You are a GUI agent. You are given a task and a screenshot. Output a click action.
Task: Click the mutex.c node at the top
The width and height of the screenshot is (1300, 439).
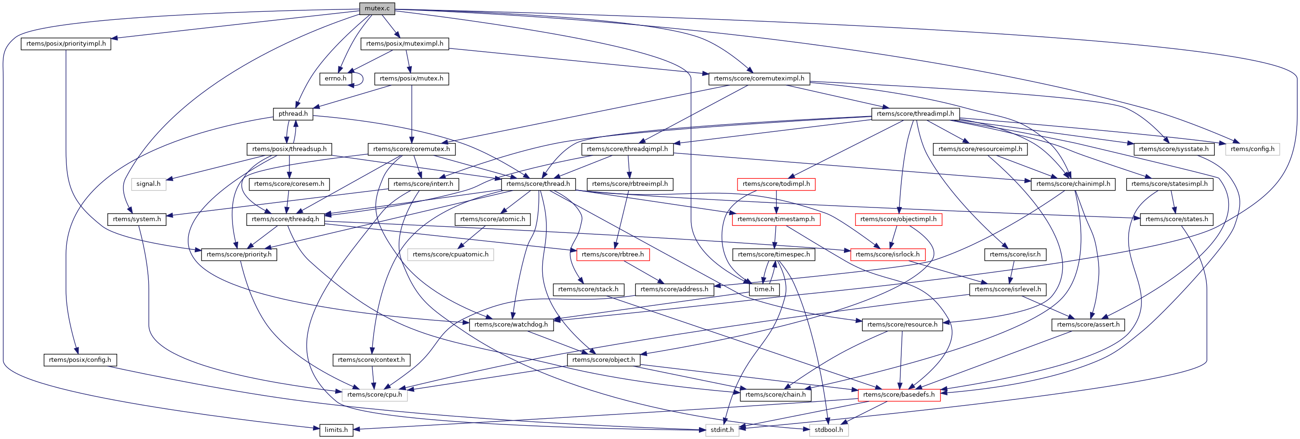point(377,8)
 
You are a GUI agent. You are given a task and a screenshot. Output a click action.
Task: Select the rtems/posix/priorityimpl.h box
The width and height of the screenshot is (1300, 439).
point(65,43)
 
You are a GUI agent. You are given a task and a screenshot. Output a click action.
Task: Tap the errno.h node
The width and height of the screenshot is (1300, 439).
point(336,79)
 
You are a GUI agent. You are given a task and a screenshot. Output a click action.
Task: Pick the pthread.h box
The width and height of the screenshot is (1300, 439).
point(293,114)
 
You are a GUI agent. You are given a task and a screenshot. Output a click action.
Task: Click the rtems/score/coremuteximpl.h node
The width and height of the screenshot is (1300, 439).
point(759,79)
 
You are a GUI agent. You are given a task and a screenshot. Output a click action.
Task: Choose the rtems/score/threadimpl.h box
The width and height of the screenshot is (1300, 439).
point(915,114)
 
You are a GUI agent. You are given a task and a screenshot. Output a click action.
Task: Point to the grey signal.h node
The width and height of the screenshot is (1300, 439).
point(148,184)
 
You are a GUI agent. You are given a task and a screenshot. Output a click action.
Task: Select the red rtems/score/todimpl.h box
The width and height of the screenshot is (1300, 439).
point(776,184)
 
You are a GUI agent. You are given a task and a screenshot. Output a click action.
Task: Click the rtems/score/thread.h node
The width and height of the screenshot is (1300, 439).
point(538,184)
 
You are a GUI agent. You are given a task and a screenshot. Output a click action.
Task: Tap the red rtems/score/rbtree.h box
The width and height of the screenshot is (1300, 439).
point(613,254)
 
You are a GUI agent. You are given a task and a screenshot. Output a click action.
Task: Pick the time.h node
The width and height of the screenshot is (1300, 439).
point(764,289)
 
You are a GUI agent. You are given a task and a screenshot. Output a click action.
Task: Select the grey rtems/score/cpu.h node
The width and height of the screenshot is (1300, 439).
point(375,395)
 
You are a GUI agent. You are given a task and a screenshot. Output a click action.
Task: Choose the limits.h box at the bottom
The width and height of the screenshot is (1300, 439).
point(336,430)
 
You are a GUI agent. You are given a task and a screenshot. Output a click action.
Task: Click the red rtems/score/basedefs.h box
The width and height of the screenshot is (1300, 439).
point(899,395)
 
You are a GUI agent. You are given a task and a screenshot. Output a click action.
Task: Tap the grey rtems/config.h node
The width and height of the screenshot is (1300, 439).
point(1252,149)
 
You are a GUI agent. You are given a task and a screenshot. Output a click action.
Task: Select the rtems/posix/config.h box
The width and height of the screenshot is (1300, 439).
point(80,360)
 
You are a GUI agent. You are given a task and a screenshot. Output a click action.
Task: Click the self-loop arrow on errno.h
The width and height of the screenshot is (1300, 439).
point(361,79)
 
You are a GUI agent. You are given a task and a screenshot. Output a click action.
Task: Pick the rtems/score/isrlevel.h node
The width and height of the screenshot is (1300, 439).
point(1007,289)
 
